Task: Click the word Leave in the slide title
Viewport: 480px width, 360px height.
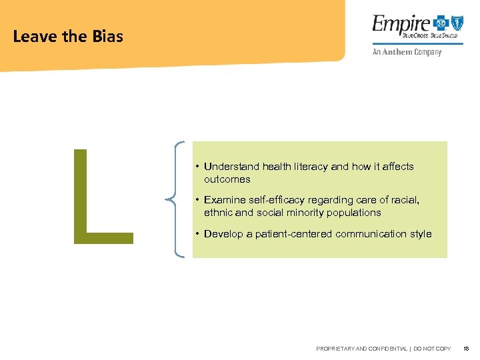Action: pyautogui.click(x=35, y=37)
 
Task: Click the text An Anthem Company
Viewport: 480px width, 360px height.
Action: pyautogui.click(x=402, y=53)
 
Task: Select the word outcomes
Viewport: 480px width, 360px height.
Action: pyautogui.click(x=227, y=179)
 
